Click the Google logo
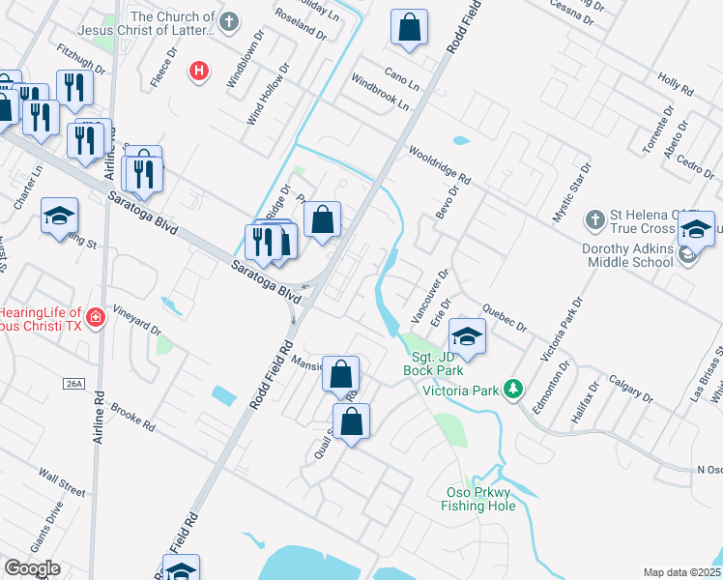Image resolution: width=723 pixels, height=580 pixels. [x=31, y=568]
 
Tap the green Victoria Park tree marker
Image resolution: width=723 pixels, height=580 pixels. [x=515, y=390]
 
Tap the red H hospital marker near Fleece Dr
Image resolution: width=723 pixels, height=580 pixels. [x=199, y=71]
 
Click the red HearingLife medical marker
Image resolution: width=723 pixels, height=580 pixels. [x=95, y=317]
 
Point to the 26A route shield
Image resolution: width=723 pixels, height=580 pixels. [x=74, y=384]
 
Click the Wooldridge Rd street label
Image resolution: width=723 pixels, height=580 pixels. [x=439, y=165]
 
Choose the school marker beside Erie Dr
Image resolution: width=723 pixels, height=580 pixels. [x=467, y=335]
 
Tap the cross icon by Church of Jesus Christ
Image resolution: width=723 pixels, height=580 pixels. [x=230, y=21]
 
